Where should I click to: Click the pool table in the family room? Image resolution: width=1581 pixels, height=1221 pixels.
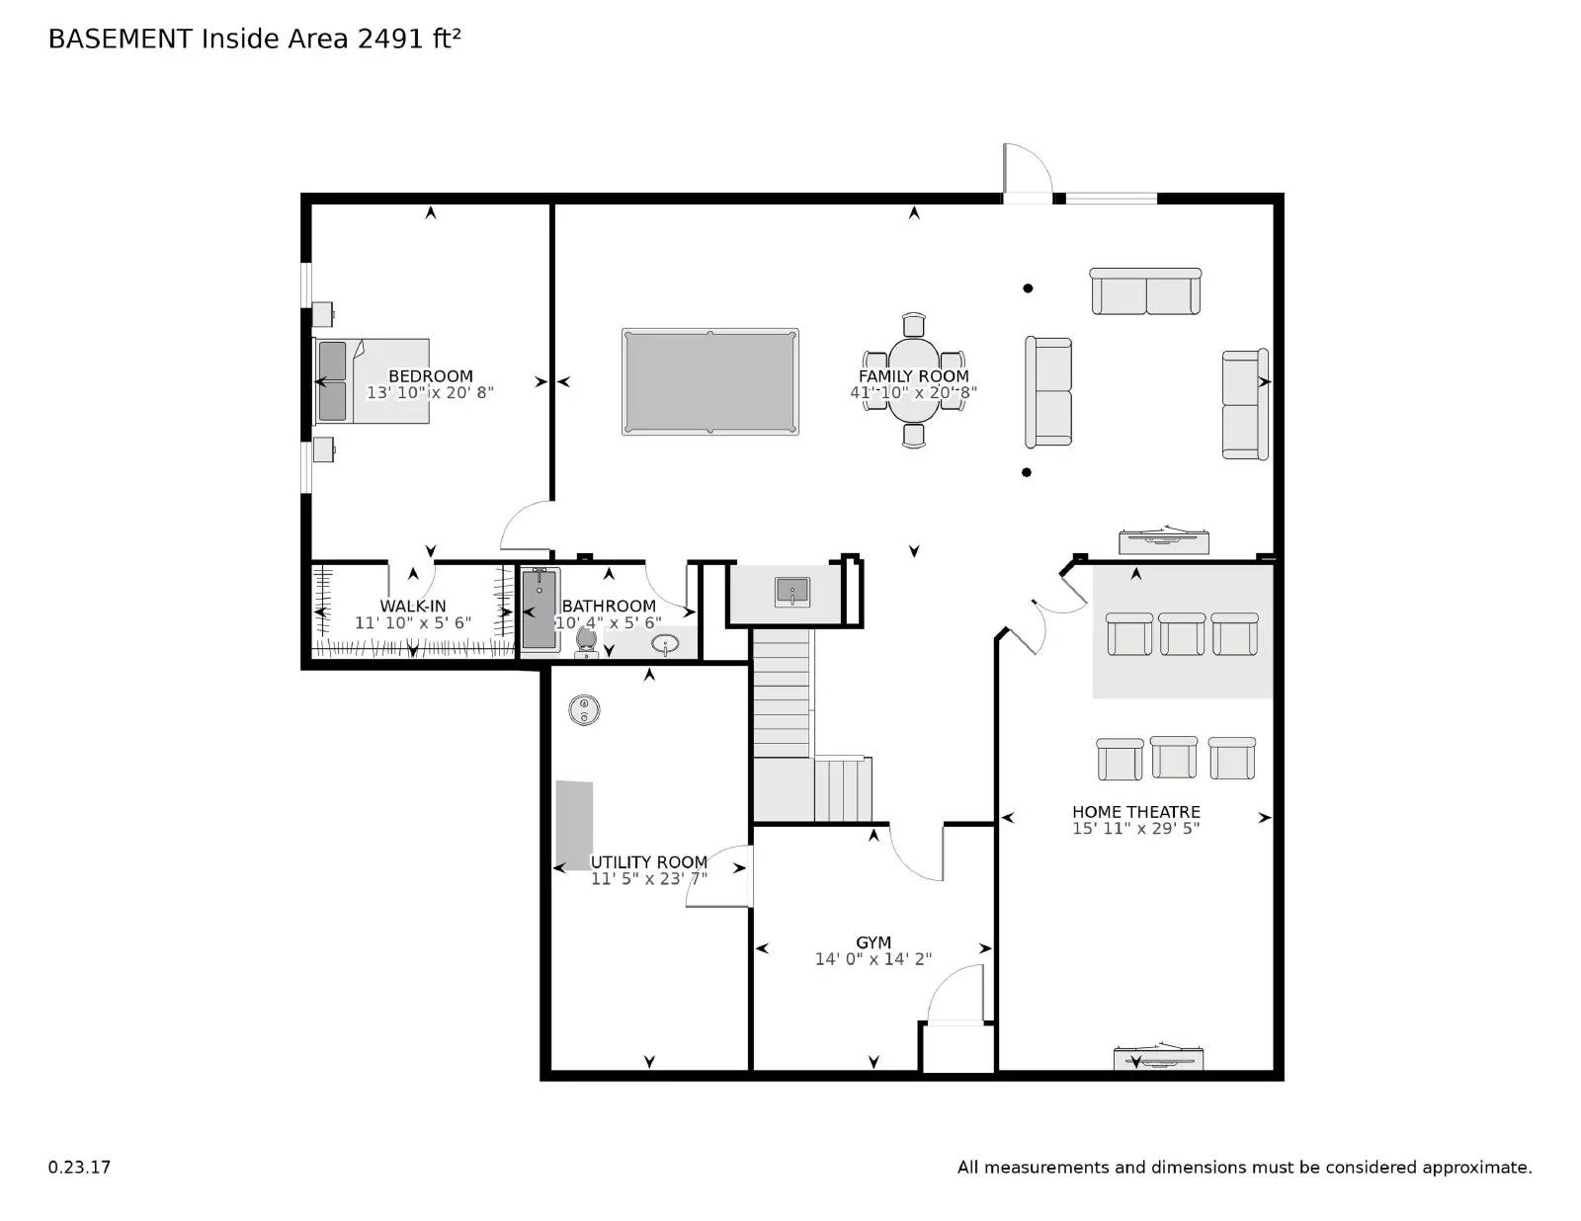pyautogui.click(x=709, y=381)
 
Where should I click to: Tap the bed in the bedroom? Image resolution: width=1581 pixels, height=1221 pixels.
pyautogui.click(x=373, y=381)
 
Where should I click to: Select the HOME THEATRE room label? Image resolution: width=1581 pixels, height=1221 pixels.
pyautogui.click(x=1135, y=812)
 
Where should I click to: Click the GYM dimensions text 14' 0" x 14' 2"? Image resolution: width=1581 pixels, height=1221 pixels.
pyautogui.click(x=873, y=959)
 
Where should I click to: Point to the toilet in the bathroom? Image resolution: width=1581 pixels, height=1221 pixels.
pyautogui.click(x=586, y=641)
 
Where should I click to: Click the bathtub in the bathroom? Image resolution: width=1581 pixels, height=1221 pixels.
pyautogui.click(x=540, y=610)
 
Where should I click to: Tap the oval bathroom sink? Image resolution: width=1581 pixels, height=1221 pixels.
pyautogui.click(x=666, y=645)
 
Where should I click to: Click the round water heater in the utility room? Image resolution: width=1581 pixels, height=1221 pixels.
pyautogui.click(x=584, y=709)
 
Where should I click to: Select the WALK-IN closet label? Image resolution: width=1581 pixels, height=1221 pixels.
pyautogui.click(x=413, y=607)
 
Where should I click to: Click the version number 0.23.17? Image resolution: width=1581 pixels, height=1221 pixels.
pyautogui.click(x=79, y=1167)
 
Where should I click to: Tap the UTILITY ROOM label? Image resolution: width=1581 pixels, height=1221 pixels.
pyautogui.click(x=648, y=862)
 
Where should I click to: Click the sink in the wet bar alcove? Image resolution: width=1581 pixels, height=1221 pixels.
pyautogui.click(x=791, y=592)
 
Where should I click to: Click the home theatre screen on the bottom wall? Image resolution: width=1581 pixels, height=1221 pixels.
pyautogui.click(x=1158, y=1058)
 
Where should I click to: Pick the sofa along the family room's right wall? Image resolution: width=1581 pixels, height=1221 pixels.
pyautogui.click(x=1244, y=404)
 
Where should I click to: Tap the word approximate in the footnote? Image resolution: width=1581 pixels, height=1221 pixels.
pyautogui.click(x=1476, y=1168)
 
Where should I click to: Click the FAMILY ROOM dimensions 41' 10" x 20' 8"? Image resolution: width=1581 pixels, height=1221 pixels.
pyautogui.click(x=913, y=392)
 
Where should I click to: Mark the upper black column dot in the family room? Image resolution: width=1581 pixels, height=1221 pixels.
pyautogui.click(x=1028, y=288)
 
